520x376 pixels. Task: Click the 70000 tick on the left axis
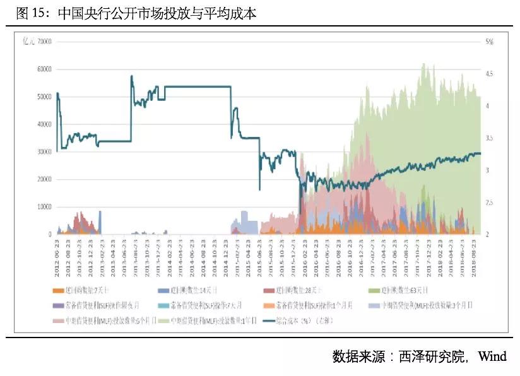click(44, 42)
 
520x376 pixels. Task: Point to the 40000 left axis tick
click(44, 124)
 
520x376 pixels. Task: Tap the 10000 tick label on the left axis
click(44, 207)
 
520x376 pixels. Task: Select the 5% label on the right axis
click(488, 42)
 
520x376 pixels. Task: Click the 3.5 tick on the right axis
click(489, 138)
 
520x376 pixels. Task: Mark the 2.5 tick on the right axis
click(489, 203)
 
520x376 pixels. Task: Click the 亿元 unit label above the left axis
click(28, 42)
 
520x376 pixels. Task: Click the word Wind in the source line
click(492, 356)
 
